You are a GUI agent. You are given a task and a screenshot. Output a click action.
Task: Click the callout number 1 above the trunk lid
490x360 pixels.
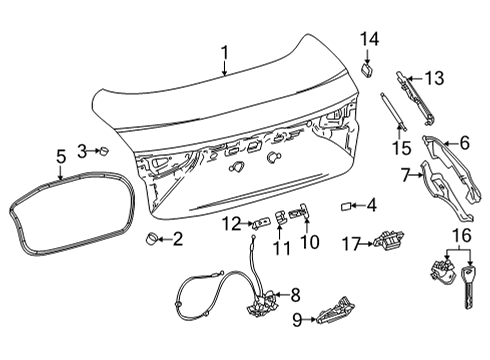pos(225,53)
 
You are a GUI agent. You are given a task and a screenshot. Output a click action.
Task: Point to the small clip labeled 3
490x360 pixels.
pos(102,150)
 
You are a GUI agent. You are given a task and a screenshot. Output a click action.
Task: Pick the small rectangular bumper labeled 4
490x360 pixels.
pos(345,207)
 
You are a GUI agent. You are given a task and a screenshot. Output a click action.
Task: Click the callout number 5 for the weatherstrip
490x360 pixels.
pos(61,156)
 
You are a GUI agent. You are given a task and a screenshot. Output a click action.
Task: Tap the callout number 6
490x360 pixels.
pos(463,143)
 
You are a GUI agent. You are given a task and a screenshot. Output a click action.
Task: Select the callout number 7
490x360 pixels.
pos(406,176)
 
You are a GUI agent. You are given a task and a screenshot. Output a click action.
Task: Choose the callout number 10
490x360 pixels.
pos(309,240)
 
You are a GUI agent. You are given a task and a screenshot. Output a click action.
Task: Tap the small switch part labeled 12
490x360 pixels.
pos(260,222)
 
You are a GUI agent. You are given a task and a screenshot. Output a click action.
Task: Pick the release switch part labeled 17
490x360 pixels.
pos(386,243)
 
